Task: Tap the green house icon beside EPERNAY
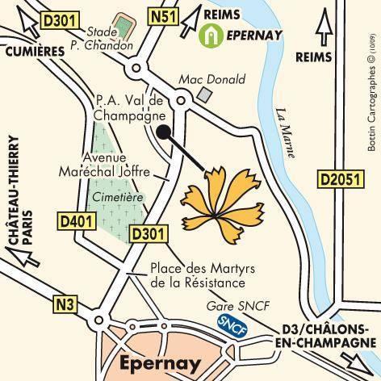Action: point(210,35)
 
